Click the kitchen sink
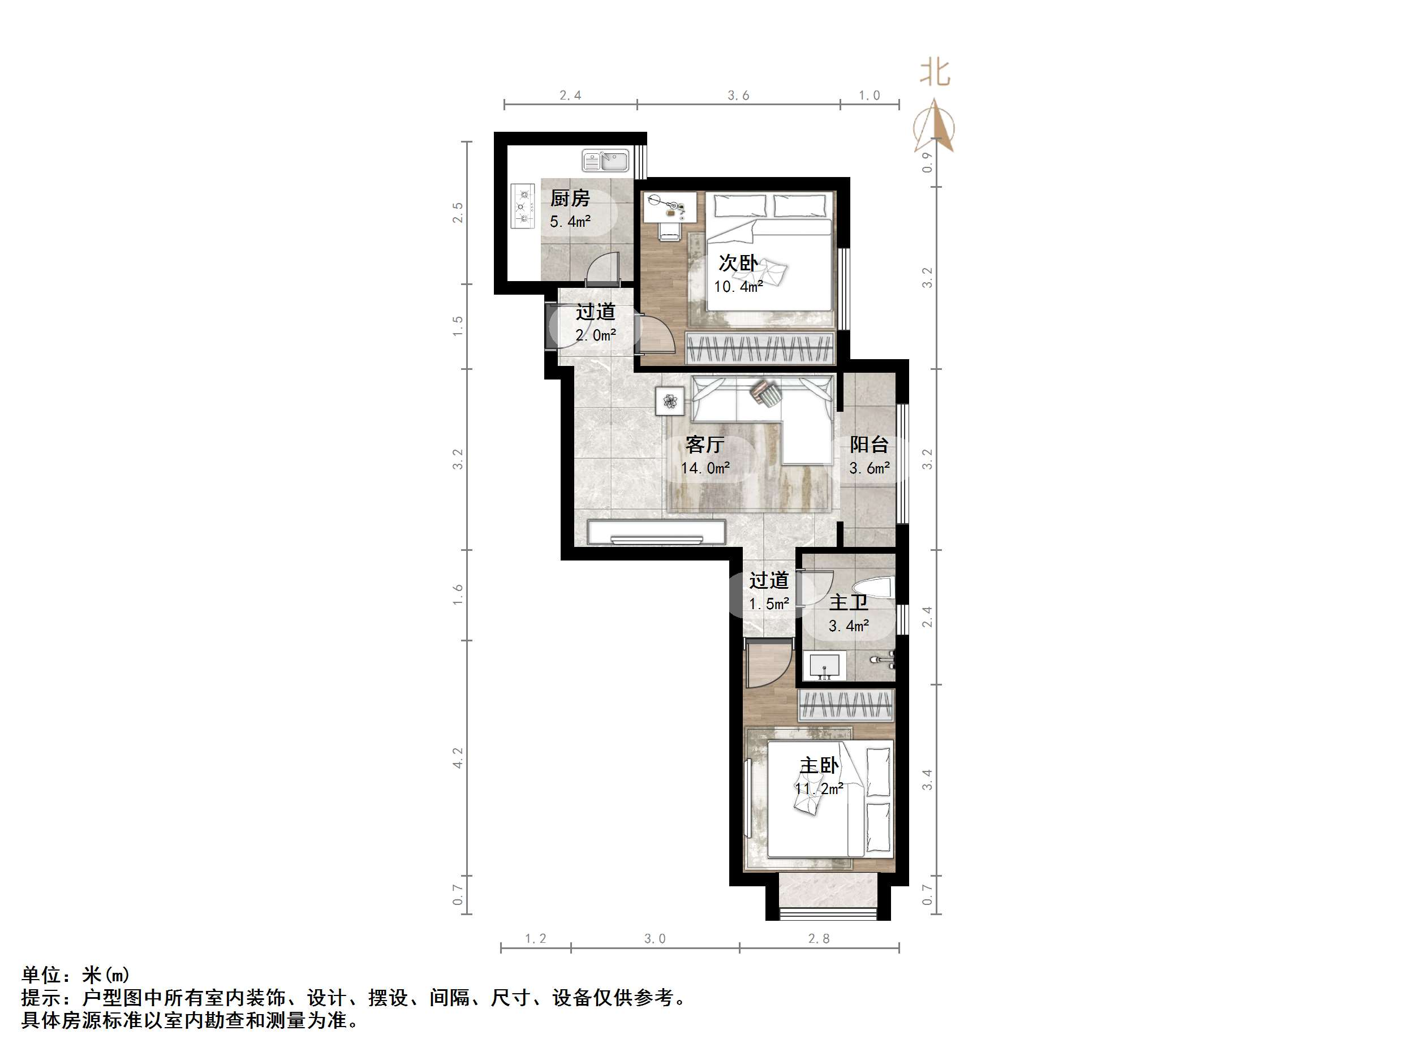click(x=605, y=161)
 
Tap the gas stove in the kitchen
click(x=523, y=205)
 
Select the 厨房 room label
click(x=570, y=199)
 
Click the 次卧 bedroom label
click(x=738, y=263)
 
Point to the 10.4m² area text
click(x=738, y=287)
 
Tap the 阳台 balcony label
click(x=869, y=445)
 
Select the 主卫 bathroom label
click(x=848, y=602)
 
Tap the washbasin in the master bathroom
click(x=824, y=666)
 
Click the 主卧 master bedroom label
click(x=819, y=765)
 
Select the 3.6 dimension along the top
click(x=738, y=96)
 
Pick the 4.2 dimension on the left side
click(x=458, y=758)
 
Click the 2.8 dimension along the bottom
click(x=819, y=938)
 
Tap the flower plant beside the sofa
click(x=670, y=402)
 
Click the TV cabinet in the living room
click(x=656, y=532)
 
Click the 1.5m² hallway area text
click(x=769, y=603)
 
